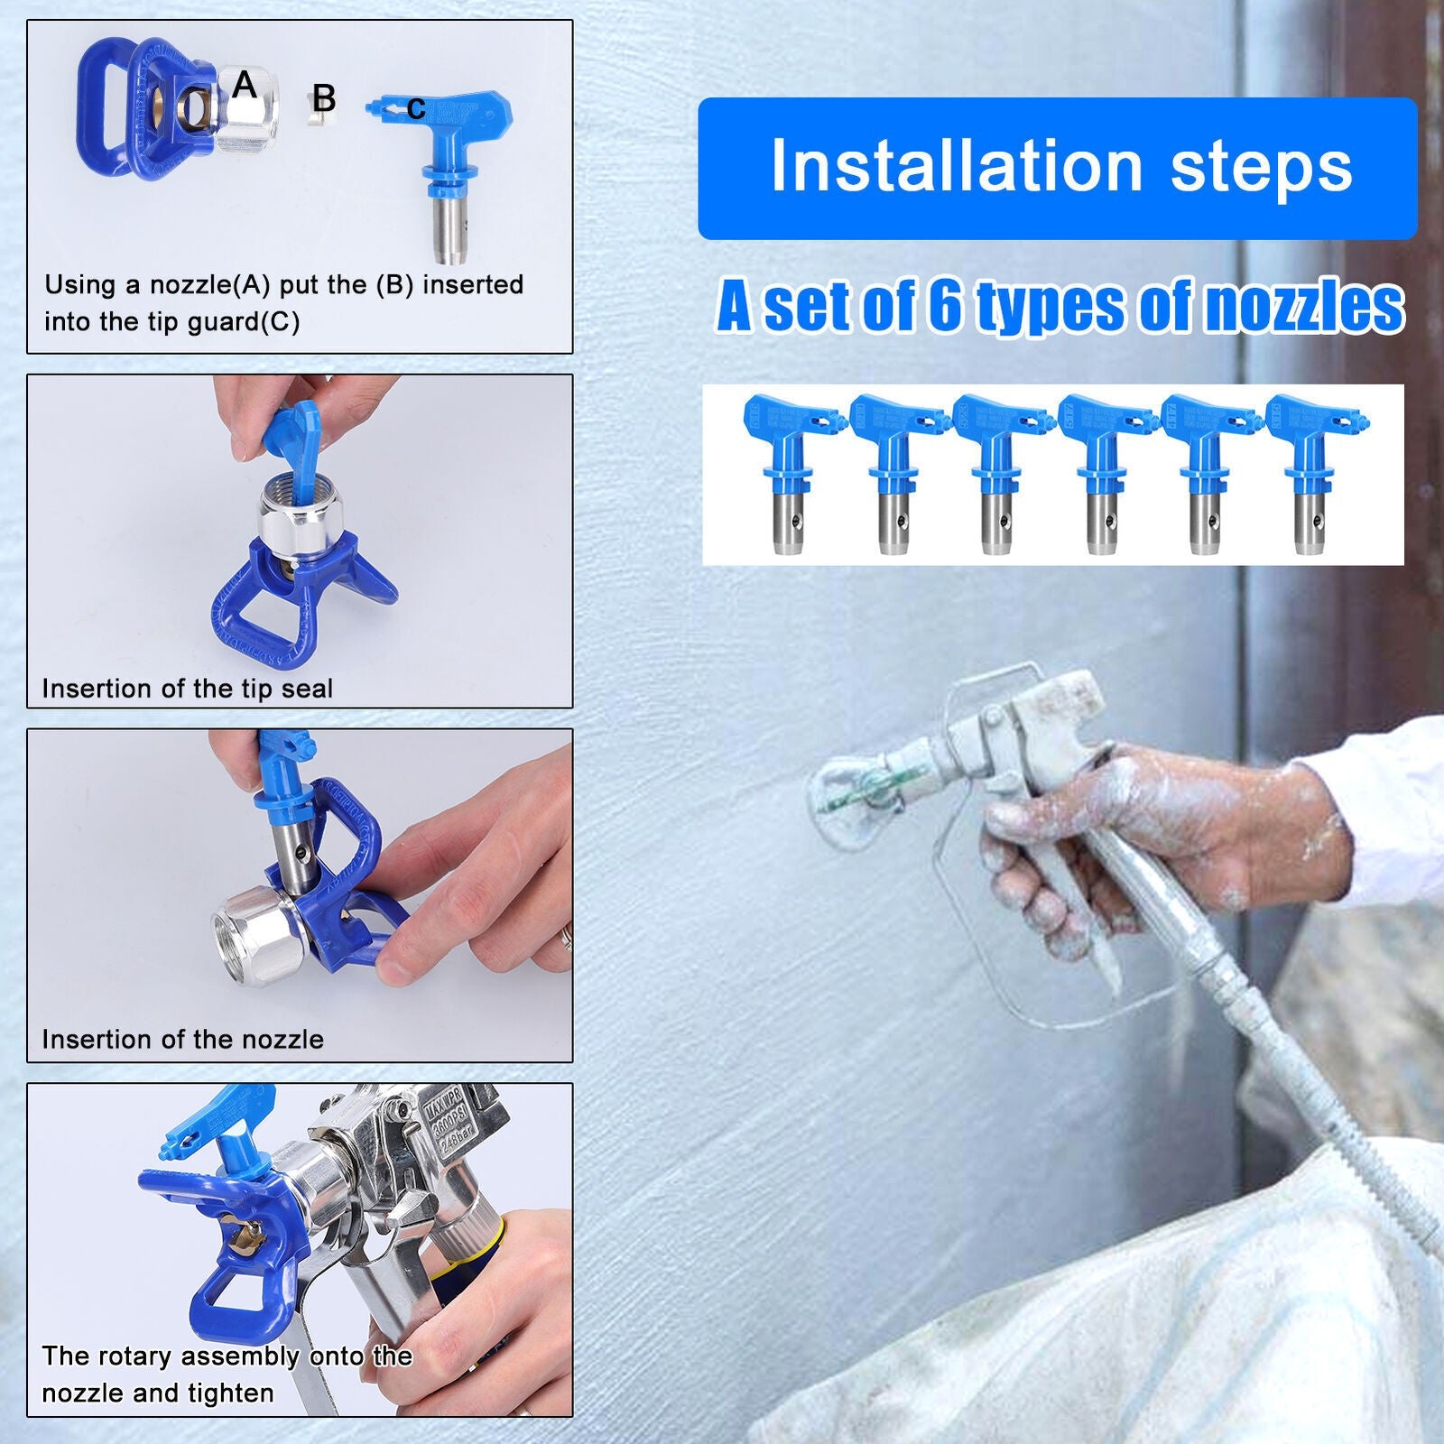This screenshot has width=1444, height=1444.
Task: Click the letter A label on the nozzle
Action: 245,86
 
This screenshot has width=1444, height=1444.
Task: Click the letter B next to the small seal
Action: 324,98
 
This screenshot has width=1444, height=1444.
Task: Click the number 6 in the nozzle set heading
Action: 945,307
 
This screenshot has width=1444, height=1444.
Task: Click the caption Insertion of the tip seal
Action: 187,689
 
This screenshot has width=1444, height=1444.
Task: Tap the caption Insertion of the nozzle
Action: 182,1040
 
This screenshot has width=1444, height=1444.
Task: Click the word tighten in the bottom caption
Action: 231,1393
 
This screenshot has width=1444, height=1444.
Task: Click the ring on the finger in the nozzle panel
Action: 566,937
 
